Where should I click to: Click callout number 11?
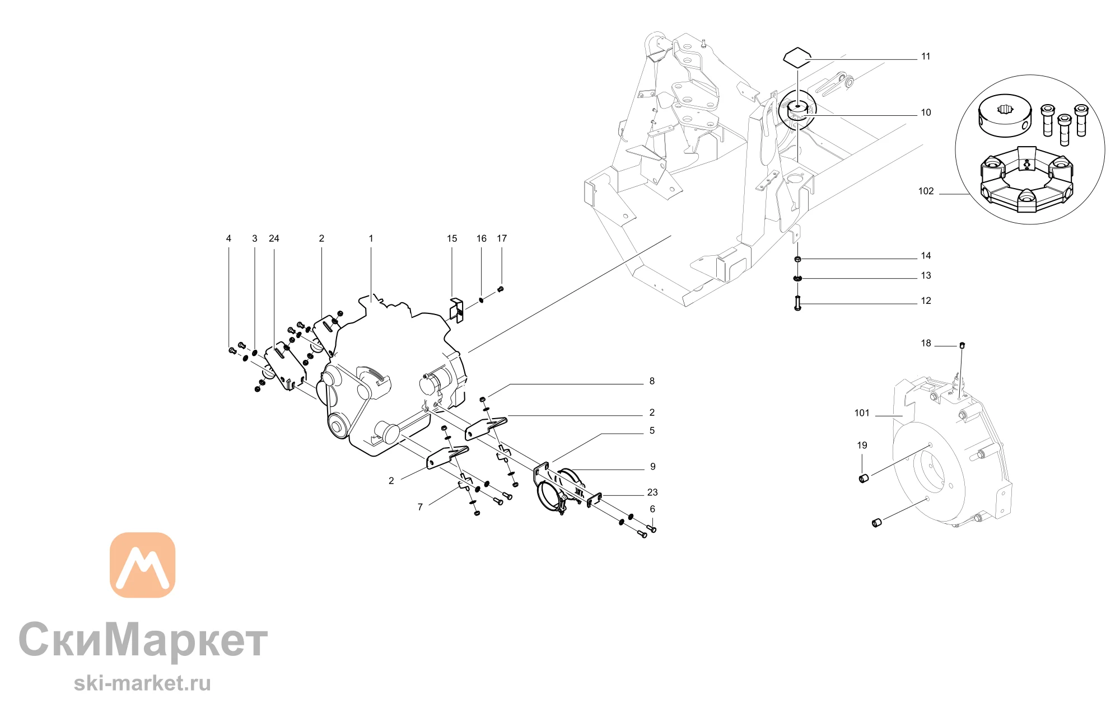click(x=926, y=57)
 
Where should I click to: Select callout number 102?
click(x=926, y=191)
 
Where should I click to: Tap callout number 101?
click(x=862, y=413)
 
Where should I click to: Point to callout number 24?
click(x=274, y=238)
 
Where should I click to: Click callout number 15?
click(x=452, y=238)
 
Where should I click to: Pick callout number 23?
click(x=652, y=492)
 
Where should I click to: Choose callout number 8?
click(x=652, y=381)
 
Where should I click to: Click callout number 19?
click(x=862, y=445)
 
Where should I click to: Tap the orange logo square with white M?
click(x=142, y=565)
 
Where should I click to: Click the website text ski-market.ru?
click(x=142, y=683)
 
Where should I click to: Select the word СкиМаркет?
click(x=143, y=640)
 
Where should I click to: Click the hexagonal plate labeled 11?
click(x=796, y=58)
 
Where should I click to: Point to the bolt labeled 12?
click(x=798, y=303)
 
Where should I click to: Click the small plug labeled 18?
click(x=962, y=344)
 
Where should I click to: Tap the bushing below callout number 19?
click(x=863, y=478)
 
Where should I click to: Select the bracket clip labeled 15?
click(x=457, y=311)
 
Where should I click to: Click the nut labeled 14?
click(x=797, y=259)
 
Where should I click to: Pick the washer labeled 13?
click(x=797, y=278)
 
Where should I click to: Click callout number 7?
click(x=420, y=507)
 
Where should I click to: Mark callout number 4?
click(x=228, y=238)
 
